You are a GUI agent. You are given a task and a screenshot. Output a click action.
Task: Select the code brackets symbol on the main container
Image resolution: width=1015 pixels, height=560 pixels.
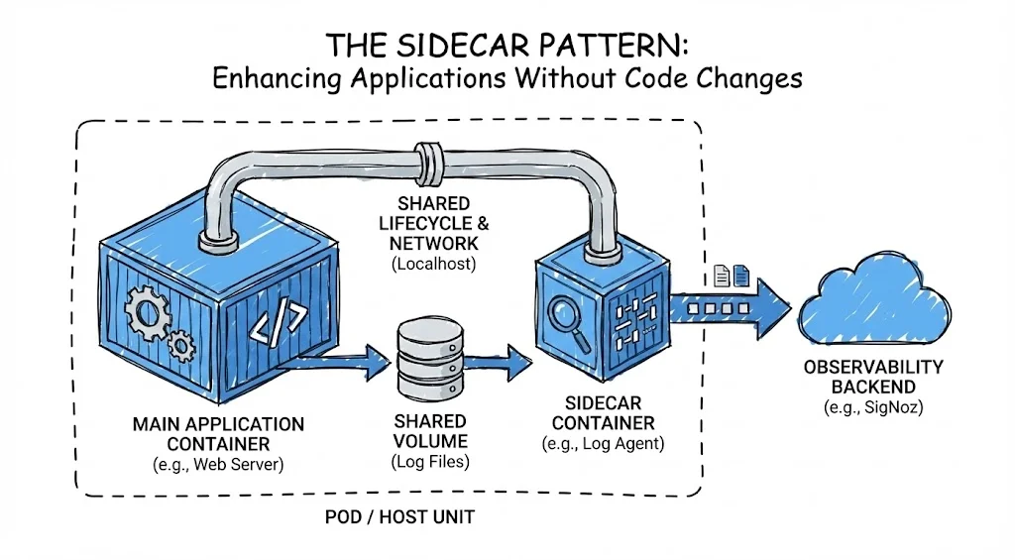(277, 325)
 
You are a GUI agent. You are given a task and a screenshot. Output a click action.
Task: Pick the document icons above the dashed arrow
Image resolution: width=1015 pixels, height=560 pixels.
(732, 275)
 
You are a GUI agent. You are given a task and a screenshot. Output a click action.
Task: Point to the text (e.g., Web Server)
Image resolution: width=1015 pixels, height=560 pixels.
(218, 466)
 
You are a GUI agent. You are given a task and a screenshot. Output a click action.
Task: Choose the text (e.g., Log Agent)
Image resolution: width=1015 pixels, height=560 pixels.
(603, 444)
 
